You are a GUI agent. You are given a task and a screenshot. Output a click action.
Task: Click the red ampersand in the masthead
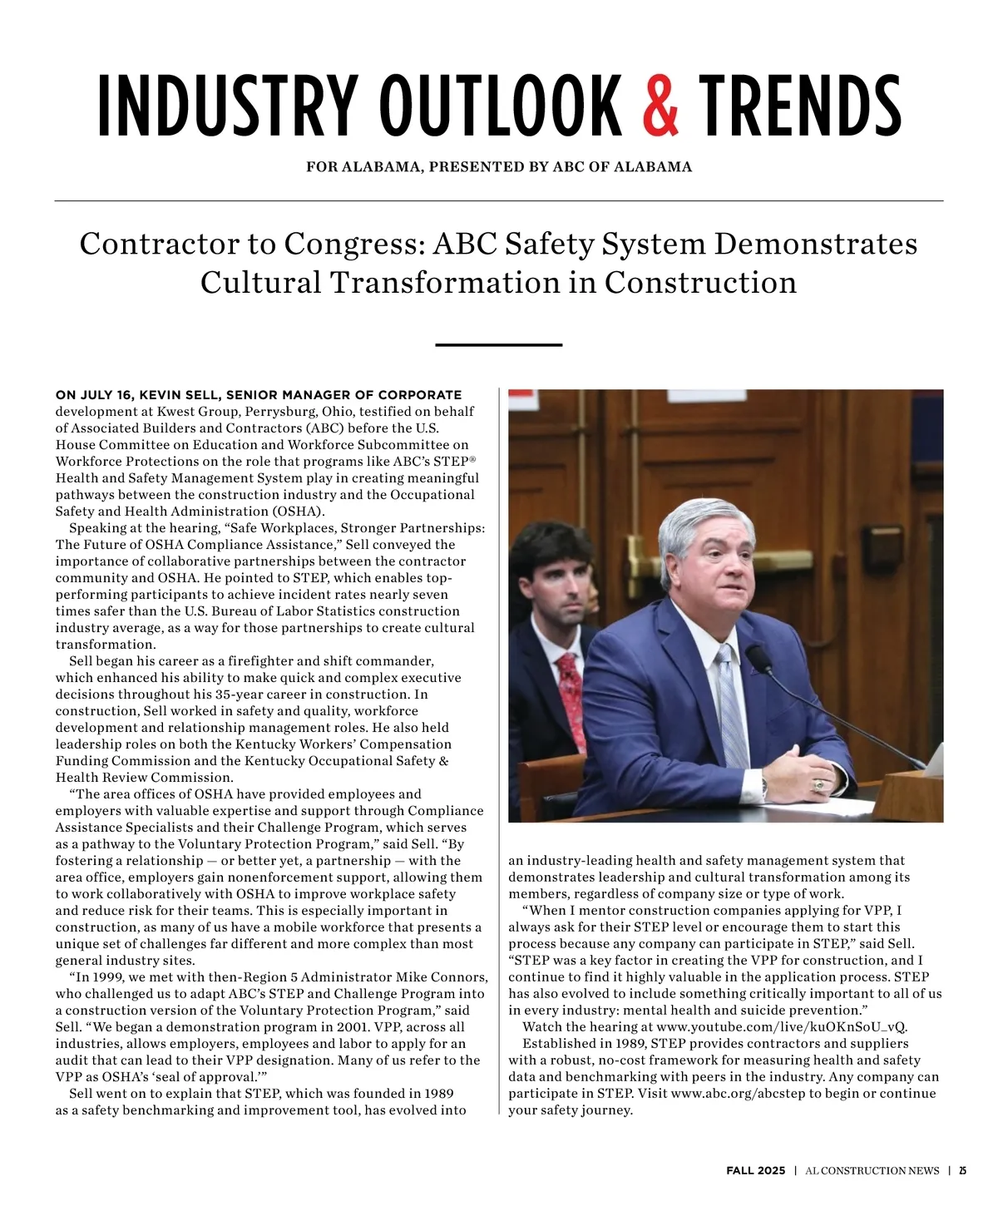pyautogui.click(x=661, y=106)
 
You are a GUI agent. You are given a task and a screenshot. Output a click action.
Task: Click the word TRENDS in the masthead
pyautogui.click(x=799, y=106)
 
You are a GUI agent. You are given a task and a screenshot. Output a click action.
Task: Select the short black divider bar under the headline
pyautogui.click(x=499, y=344)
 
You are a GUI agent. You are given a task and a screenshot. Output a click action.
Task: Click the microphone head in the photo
pyautogui.click(x=758, y=659)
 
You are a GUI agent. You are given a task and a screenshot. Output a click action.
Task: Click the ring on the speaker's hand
pyautogui.click(x=820, y=783)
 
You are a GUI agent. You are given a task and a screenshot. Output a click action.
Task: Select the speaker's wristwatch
pyautogui.click(x=764, y=783)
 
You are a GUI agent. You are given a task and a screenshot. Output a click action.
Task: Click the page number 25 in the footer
pyautogui.click(x=962, y=1170)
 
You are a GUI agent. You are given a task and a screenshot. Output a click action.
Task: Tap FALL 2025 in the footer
pyautogui.click(x=755, y=1170)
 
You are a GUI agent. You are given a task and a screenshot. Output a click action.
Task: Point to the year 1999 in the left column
pyautogui.click(x=106, y=976)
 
